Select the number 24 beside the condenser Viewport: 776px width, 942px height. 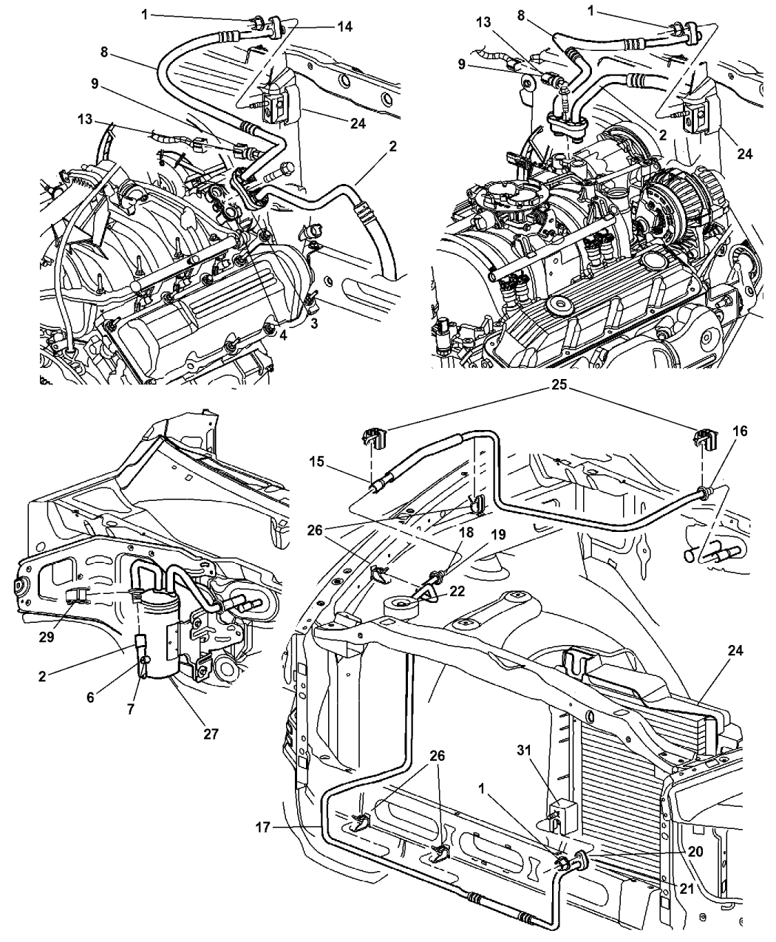point(735,651)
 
